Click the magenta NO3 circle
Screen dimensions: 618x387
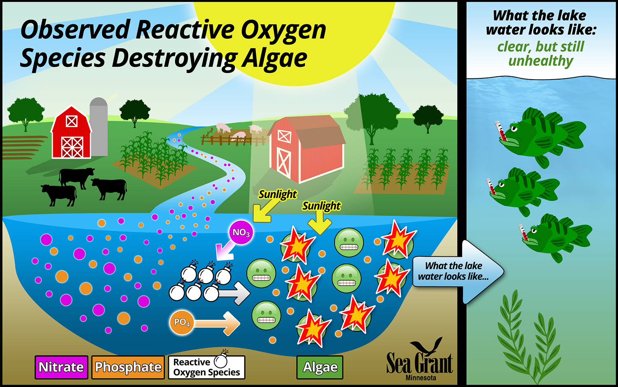[241, 232]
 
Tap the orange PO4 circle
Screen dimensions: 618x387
[182, 322]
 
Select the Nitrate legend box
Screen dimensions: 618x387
[61, 367]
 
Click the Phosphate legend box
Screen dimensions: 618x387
[128, 367]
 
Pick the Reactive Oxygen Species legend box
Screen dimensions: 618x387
[207, 366]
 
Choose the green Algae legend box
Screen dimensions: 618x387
[320, 367]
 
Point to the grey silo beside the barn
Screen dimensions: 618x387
[98, 127]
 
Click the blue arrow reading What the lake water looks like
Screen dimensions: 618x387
[458, 272]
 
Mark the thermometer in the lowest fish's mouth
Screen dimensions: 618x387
[523, 233]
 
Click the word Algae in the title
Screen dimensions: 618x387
[274, 58]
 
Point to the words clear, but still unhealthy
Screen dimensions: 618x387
[541, 54]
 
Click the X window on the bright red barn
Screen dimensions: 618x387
[72, 121]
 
